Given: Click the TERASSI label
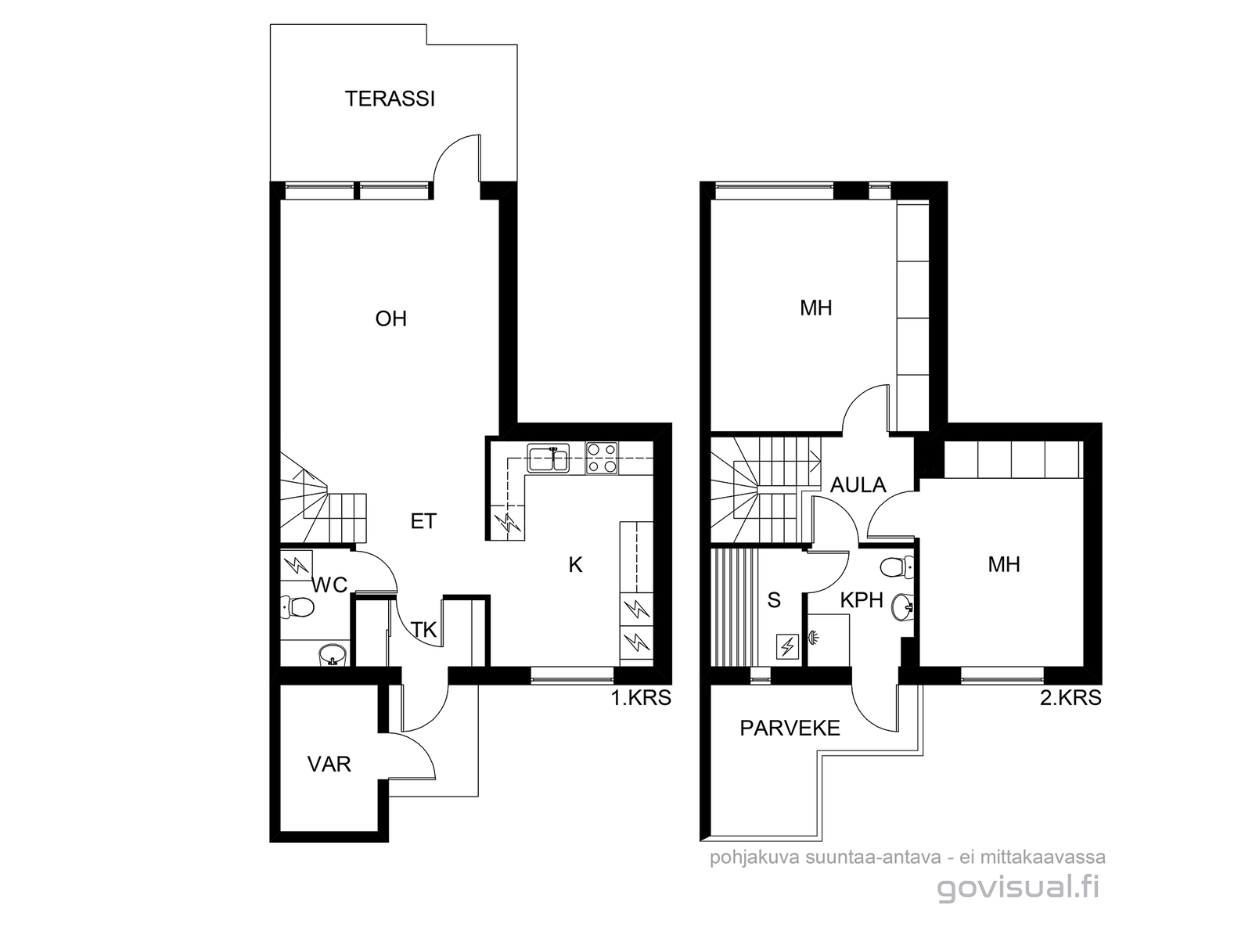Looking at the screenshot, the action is [390, 99].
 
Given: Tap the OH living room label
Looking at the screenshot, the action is [390, 318].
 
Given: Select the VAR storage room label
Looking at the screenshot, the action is [329, 765].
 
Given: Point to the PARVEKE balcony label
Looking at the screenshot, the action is [790, 728].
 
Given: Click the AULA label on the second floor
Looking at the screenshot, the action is [858, 485].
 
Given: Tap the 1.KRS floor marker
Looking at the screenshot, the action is [641, 698].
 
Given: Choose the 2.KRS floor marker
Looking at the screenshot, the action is [1070, 698].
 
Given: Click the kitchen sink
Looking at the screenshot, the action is [548, 459].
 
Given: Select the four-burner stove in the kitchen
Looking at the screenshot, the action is [603, 459].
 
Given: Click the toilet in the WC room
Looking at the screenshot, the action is [297, 607].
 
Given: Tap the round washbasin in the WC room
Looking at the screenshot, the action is [332, 655].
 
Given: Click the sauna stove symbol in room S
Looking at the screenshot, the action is [788, 647].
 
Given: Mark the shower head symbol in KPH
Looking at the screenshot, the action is [813, 636].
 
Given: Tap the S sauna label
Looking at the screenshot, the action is [774, 600].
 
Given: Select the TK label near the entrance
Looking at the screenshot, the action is [424, 630].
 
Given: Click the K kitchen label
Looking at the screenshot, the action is [575, 565].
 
